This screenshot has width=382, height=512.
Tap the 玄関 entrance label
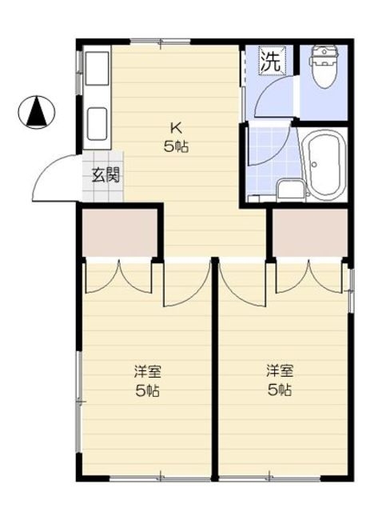click(105, 174)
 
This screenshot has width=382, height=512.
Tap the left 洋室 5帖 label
click(146, 382)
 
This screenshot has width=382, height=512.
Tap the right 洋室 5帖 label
click(279, 382)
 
